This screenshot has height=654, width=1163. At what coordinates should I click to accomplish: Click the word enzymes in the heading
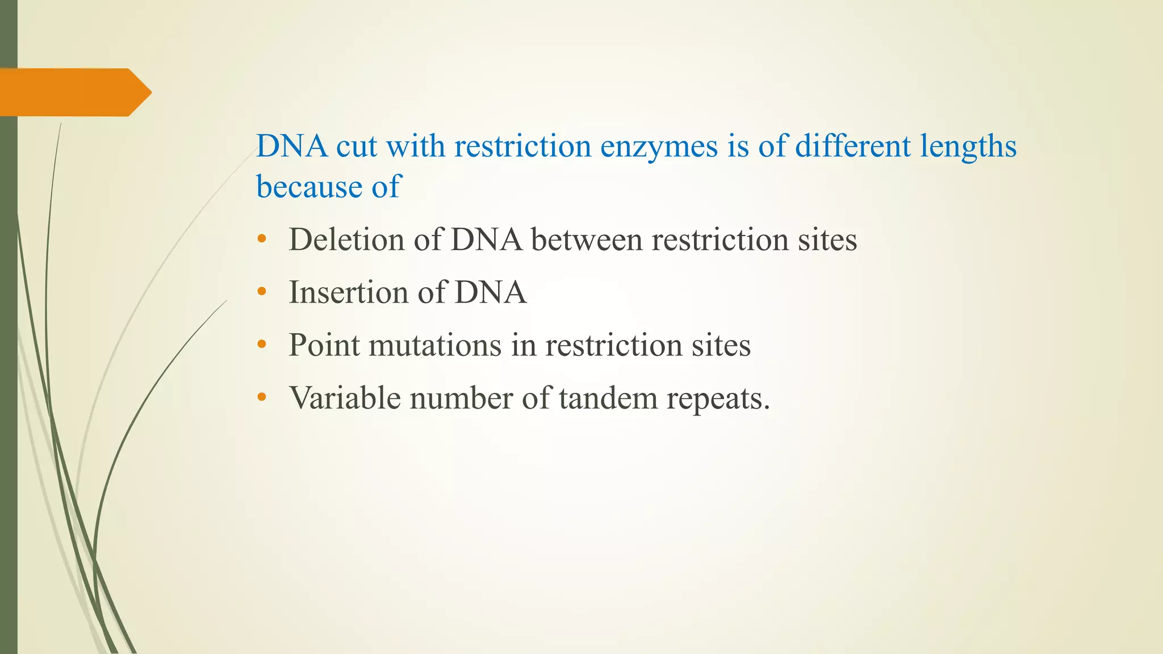click(659, 147)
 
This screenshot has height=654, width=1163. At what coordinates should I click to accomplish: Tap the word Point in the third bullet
click(324, 345)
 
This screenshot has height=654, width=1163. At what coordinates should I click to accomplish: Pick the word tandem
click(607, 398)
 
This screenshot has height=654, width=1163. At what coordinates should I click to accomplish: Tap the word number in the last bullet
click(461, 398)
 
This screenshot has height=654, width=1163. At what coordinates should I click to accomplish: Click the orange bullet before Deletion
click(261, 239)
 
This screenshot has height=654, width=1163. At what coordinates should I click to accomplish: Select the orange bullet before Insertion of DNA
click(261, 292)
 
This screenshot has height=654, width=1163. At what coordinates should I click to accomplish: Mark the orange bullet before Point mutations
click(261, 345)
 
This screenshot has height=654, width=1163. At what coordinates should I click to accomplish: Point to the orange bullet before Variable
click(261, 397)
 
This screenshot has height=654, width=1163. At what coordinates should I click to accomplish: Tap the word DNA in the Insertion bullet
click(491, 292)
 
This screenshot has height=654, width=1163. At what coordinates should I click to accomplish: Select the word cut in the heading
click(356, 147)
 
